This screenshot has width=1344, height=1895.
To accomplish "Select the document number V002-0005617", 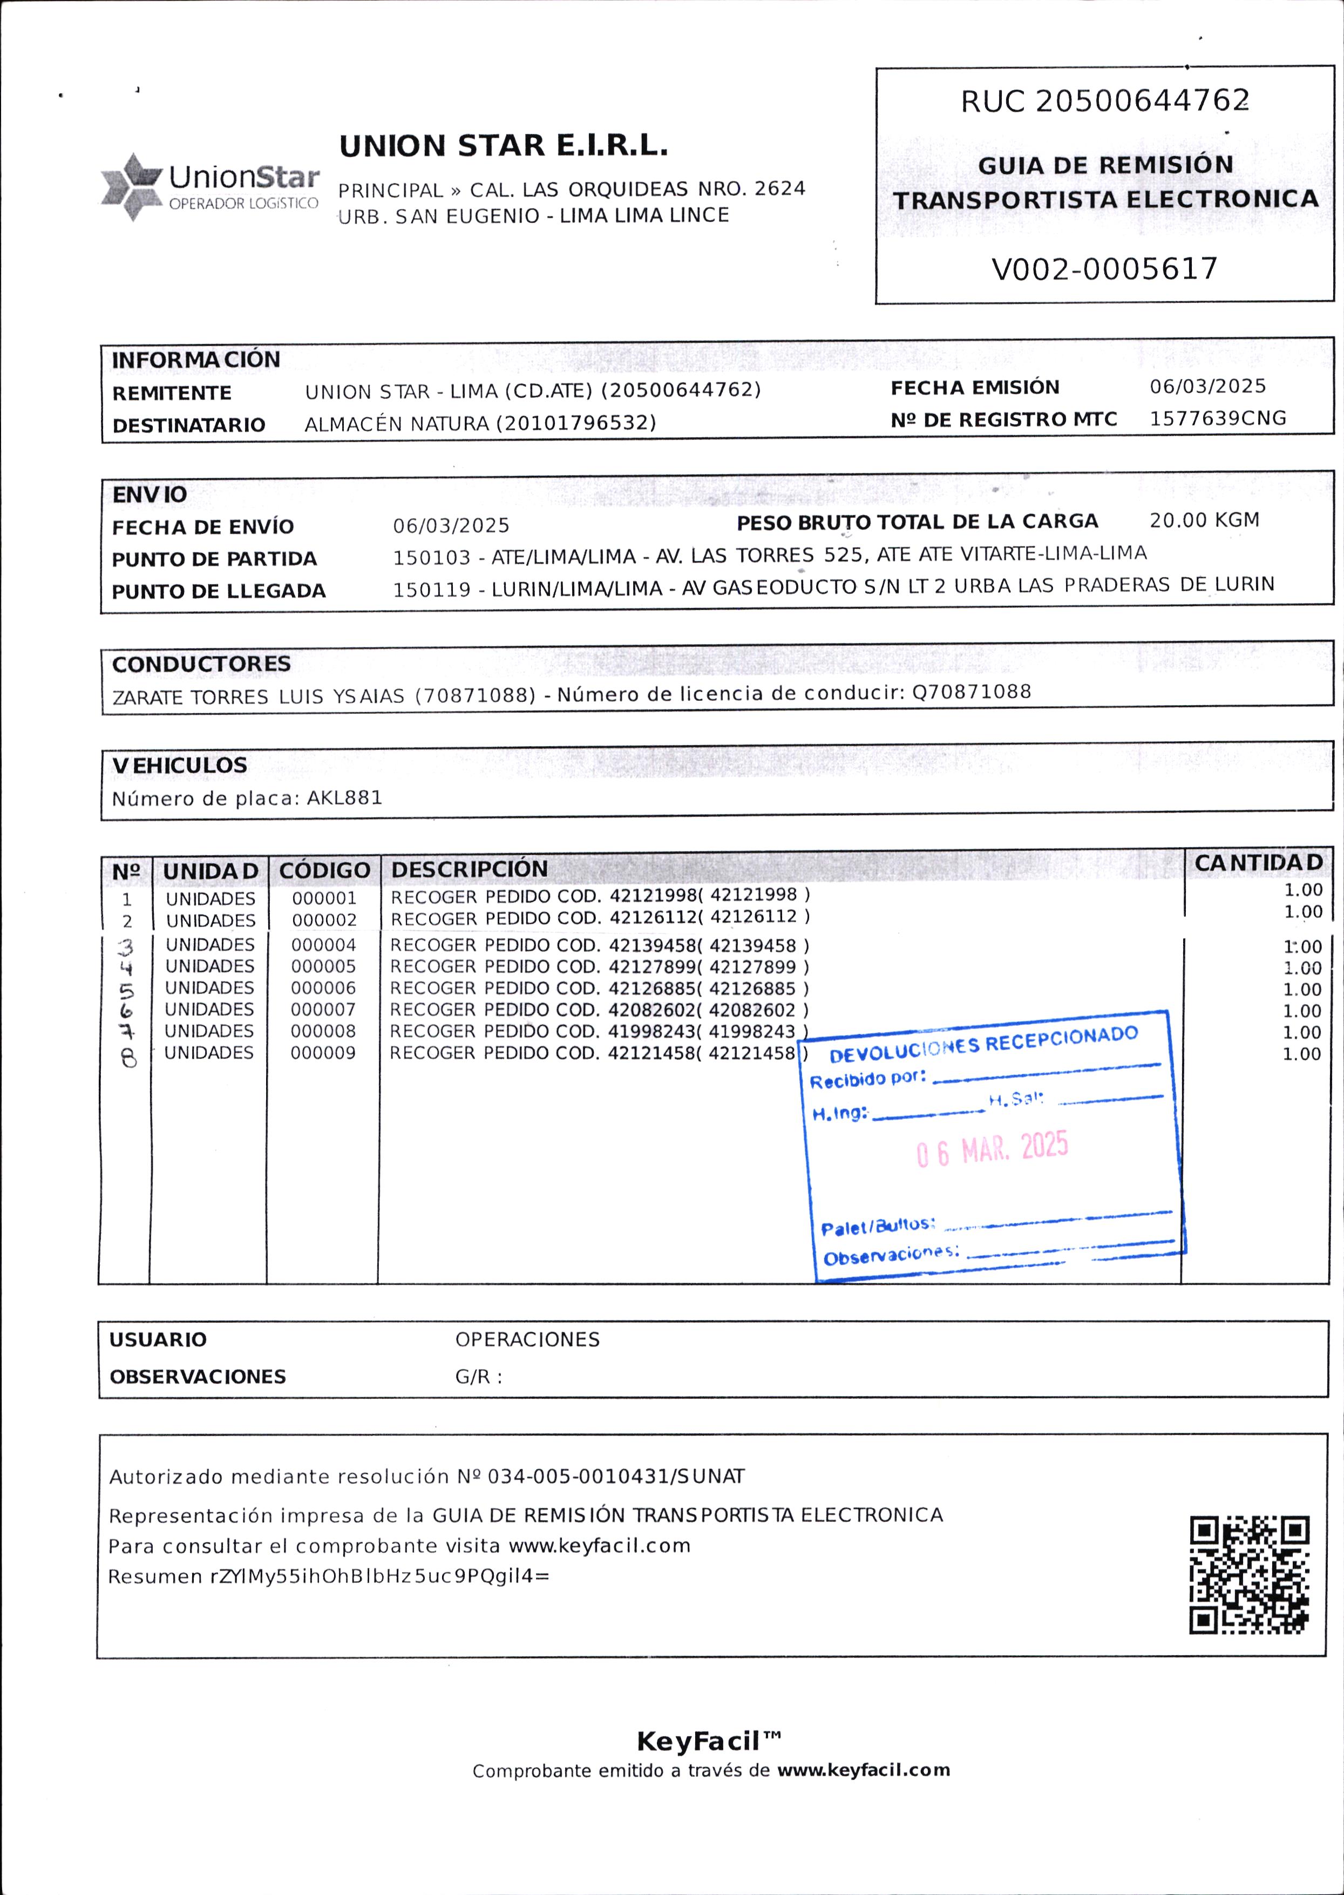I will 1104,269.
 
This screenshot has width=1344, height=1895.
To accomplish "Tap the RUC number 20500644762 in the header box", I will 1142,101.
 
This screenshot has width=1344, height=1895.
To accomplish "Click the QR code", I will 1249,1575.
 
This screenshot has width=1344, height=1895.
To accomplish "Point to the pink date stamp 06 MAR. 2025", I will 992,1149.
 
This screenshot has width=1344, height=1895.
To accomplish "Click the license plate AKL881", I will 344,798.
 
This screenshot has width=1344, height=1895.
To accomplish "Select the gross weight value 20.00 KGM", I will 1204,520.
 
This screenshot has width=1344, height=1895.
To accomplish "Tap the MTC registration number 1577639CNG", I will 1217,418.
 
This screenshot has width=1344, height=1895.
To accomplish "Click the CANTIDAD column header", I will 1258,863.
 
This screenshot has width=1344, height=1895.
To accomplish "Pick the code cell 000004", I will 324,945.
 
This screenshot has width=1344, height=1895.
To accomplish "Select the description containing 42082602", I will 599,1010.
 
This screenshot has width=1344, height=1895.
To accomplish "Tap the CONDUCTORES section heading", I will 201,664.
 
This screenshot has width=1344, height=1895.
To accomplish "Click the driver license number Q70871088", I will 972,692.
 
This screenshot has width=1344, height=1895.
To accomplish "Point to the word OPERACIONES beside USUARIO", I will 527,1339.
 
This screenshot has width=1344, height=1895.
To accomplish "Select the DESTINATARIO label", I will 189,425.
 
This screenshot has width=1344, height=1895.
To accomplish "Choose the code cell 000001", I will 324,898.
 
